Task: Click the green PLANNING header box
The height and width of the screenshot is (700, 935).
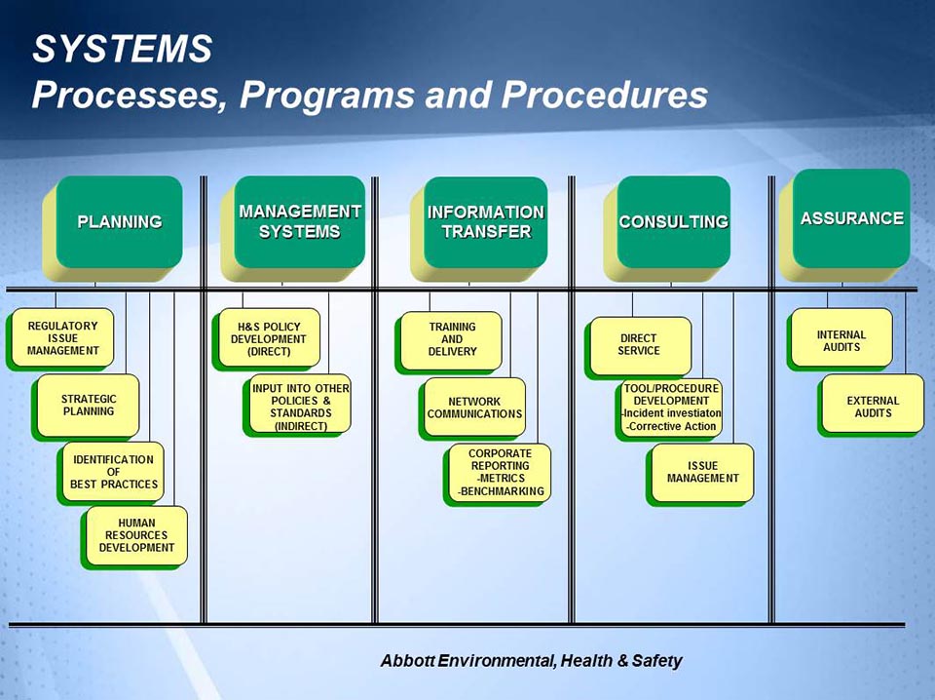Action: (x=119, y=222)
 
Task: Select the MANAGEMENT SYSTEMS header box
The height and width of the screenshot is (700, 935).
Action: (x=300, y=221)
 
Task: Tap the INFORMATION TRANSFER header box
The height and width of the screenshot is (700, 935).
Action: (x=485, y=222)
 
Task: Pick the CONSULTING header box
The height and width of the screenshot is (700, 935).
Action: (x=673, y=222)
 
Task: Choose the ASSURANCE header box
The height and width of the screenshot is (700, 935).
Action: (x=851, y=218)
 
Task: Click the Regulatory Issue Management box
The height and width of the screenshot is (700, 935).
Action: (x=63, y=338)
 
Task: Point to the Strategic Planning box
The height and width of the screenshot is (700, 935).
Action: (x=89, y=405)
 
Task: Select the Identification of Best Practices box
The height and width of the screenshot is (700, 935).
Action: (x=113, y=472)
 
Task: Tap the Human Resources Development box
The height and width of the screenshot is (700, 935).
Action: (x=136, y=535)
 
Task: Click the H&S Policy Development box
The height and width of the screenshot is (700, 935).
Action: (x=269, y=338)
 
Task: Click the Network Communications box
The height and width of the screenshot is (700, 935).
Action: (x=474, y=408)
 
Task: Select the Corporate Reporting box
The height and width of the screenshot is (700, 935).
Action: (x=500, y=473)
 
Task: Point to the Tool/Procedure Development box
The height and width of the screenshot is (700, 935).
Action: (x=671, y=408)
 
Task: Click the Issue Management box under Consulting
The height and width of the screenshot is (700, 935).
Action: (x=702, y=473)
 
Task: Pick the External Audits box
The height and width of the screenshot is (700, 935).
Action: (x=873, y=406)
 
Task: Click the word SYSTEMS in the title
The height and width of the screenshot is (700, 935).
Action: (x=122, y=50)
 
